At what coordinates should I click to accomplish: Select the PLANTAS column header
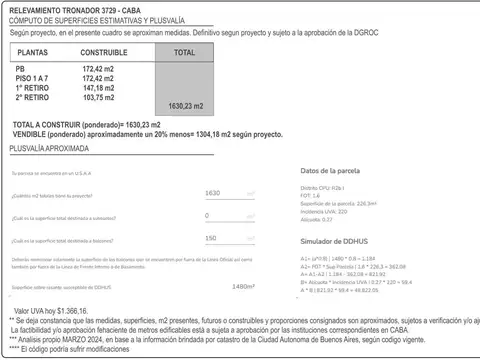35,50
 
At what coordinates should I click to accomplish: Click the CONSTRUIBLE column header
103,50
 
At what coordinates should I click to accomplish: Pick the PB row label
22,68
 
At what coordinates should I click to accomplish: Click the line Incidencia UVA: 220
322,212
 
